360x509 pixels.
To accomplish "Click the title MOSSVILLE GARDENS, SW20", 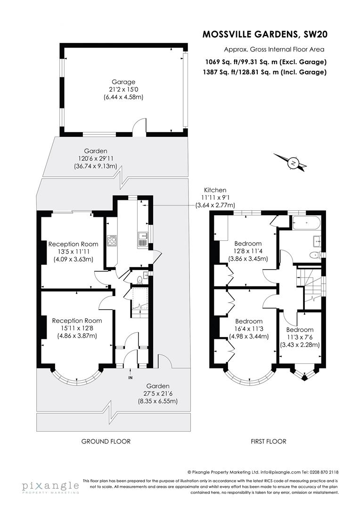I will pyautogui.click(x=264, y=34).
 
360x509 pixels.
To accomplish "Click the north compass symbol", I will pyautogui.click(x=294, y=164).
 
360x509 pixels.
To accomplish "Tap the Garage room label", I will pyautogui.click(x=123, y=82).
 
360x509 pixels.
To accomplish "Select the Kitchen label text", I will pyautogui.click(x=215, y=190).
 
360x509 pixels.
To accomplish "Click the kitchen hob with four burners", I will pyautogui.click(x=113, y=240).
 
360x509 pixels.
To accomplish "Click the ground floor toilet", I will pyautogui.click(x=139, y=279).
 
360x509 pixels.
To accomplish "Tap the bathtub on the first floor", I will pyautogui.click(x=305, y=223).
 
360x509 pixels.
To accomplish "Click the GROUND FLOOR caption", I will pyautogui.click(x=106, y=442).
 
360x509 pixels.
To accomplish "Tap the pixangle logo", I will pyautogui.click(x=50, y=486).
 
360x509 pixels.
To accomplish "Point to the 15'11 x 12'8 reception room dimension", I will pyautogui.click(x=77, y=328).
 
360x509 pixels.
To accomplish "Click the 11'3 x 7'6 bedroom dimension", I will pyautogui.click(x=300, y=337).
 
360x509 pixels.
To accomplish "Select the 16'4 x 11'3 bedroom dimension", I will pyautogui.click(x=249, y=329).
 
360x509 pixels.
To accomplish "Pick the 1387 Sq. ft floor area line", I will pyautogui.click(x=265, y=72).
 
